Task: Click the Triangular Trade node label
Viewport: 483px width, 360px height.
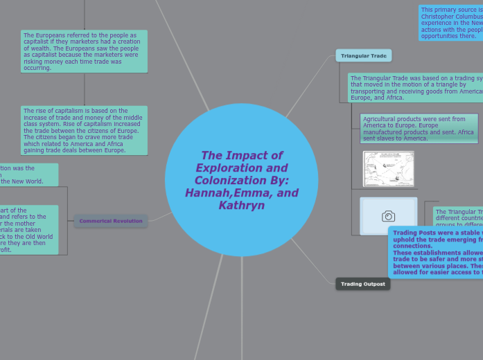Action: pos(364,55)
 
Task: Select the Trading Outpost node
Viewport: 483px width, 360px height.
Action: pos(363,284)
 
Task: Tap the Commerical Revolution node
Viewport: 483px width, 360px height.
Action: pos(111,221)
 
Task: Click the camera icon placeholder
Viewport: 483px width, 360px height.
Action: pos(389,216)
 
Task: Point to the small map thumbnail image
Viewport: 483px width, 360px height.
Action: pos(388,169)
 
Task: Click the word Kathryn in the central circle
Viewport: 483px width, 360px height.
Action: pos(241,206)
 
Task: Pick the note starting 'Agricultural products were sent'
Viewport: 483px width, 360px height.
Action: pos(419,129)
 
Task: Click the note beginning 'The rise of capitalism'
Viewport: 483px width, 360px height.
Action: pos(84,130)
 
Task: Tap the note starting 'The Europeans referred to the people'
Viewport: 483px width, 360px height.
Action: pos(84,51)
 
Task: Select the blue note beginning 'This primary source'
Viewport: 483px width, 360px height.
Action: pos(451,23)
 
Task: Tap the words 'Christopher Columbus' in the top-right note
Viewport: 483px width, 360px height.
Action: pos(451,17)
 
